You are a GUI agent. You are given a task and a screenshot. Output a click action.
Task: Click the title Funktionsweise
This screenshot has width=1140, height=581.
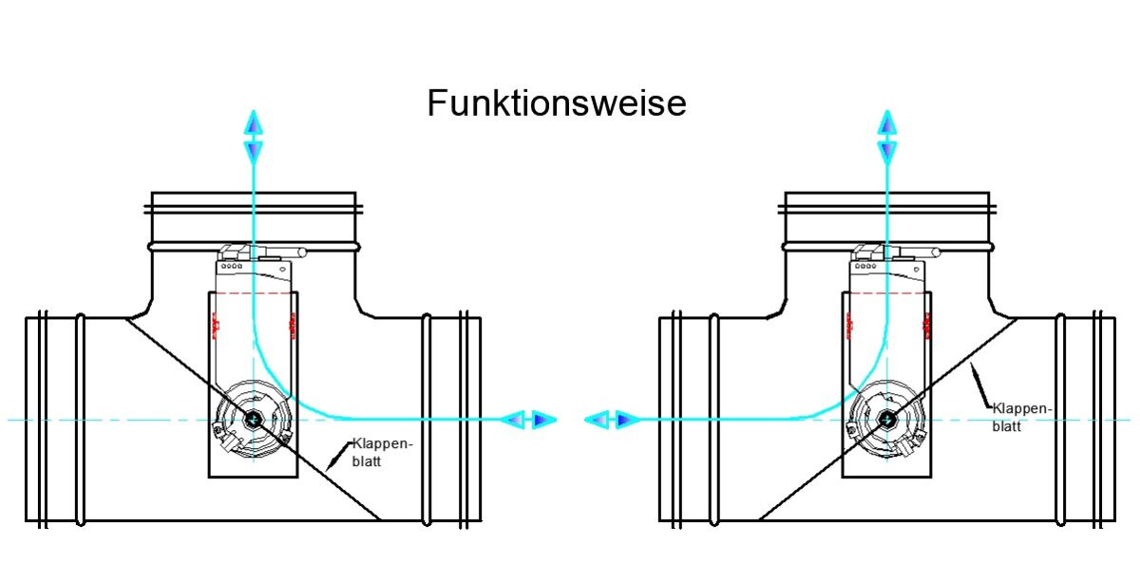[x=556, y=103]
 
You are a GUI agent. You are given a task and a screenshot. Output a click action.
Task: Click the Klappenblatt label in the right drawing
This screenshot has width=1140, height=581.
[x=1022, y=418]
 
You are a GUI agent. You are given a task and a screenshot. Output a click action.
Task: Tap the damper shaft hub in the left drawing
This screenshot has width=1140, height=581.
[x=253, y=419]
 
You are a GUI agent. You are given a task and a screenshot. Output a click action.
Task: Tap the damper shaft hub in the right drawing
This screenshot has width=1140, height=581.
[x=886, y=419]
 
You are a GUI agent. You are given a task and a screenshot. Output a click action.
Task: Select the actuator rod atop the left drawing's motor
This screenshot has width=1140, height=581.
[x=284, y=253]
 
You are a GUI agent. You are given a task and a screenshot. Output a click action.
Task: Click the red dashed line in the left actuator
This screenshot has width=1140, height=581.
[x=253, y=294]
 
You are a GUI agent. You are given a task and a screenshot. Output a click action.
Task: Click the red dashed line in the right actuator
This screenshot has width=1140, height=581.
[x=886, y=294]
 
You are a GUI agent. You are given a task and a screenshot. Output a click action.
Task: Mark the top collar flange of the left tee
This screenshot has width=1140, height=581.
[x=256, y=204]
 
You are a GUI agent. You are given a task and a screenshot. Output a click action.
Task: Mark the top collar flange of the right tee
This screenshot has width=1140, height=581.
[x=887, y=204]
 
